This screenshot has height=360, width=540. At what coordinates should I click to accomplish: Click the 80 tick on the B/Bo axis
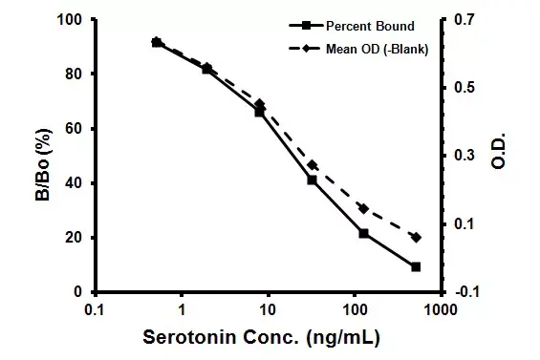(71, 74)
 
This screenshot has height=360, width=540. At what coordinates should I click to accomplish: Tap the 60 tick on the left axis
(71, 129)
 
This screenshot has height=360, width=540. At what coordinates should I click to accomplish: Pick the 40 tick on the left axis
(71, 183)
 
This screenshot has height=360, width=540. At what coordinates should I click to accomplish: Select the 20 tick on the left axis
(71, 238)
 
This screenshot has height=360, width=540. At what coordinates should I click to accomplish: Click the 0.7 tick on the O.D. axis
(463, 20)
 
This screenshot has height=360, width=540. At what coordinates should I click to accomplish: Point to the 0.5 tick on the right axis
(463, 88)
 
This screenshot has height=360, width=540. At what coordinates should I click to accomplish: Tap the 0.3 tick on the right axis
(463, 156)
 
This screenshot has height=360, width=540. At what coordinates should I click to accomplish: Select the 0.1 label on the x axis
(94, 310)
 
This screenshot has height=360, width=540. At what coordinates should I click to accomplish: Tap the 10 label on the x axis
(268, 310)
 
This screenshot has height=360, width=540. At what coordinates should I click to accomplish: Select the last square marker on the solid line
(416, 266)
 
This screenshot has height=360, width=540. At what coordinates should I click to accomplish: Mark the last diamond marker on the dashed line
(416, 237)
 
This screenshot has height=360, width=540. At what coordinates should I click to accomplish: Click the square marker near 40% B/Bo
(312, 180)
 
